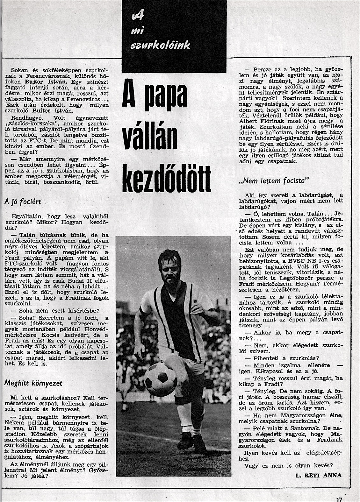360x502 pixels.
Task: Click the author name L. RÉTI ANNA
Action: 319,475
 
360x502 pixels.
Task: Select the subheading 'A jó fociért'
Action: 23,202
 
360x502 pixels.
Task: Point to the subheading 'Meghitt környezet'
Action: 33,383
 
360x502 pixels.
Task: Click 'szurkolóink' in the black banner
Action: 161,45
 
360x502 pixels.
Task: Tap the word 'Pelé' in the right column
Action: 260,428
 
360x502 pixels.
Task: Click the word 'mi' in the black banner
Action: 137,31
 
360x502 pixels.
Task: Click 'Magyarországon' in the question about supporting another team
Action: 300,415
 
